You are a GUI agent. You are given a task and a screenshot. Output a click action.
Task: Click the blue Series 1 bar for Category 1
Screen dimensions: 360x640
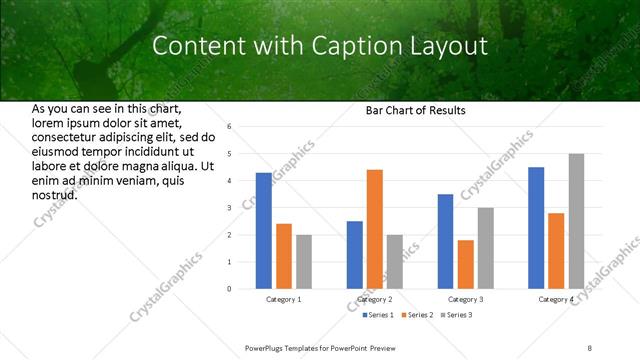tap(263, 230)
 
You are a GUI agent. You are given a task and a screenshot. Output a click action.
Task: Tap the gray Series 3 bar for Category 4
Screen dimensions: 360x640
tap(576, 221)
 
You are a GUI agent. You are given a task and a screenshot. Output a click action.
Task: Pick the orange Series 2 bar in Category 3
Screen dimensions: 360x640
tap(465, 264)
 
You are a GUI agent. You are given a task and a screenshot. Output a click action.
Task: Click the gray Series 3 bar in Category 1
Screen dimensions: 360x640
tap(303, 261)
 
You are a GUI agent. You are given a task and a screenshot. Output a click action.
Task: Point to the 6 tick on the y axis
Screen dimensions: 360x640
tap(229, 127)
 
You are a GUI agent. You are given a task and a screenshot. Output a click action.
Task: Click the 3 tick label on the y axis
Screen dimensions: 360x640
tap(229, 208)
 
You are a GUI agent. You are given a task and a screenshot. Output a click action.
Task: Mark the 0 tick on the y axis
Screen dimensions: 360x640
tap(229, 289)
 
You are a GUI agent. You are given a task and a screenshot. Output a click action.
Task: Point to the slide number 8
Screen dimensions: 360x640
tap(589, 347)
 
